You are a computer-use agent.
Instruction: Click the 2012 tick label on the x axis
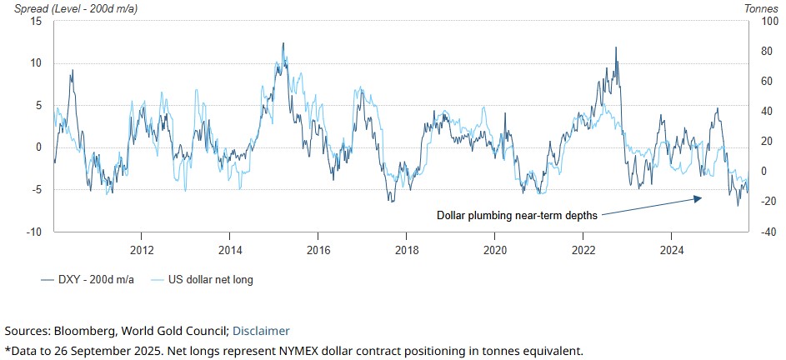[141, 249]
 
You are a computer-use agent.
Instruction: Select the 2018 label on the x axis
[406, 249]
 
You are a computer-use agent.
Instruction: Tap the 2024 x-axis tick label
[672, 249]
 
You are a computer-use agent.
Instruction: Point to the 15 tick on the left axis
[37, 21]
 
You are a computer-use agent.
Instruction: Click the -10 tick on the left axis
[34, 232]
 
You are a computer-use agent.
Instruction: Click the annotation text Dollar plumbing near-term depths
[517, 215]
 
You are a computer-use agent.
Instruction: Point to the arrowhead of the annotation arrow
[701, 197]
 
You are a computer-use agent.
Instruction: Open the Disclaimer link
[261, 331]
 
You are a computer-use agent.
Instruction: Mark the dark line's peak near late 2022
[616, 47]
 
